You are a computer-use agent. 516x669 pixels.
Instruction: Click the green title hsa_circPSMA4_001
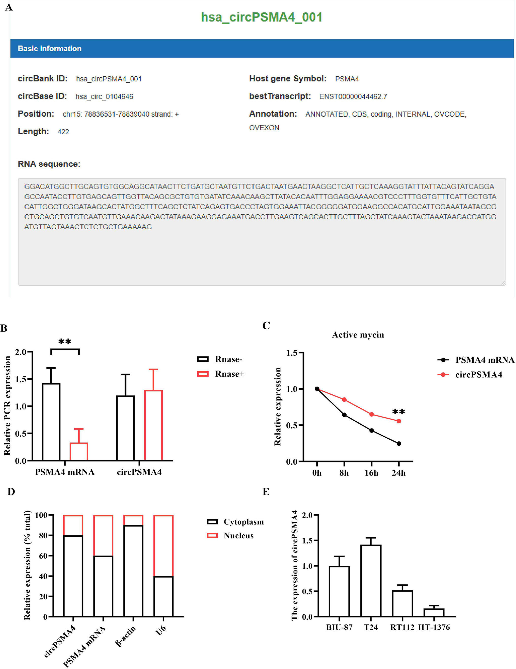tap(261, 17)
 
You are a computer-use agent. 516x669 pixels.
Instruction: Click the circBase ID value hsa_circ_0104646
tap(104, 97)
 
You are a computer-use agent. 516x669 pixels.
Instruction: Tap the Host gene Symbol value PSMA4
tap(347, 79)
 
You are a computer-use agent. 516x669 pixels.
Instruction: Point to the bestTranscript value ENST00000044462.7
tap(353, 97)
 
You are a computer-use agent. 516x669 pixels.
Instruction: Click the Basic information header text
tap(50, 49)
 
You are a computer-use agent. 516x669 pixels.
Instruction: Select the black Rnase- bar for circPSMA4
tap(125, 428)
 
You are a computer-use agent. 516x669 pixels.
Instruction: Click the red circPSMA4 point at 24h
tap(399, 421)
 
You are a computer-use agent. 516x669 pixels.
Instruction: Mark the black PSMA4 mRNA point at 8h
tap(344, 415)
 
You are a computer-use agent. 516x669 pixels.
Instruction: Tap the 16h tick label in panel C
tap(371, 473)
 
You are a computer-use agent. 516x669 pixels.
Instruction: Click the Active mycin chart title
tap(358, 335)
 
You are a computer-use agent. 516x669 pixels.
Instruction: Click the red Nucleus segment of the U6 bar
tap(164, 545)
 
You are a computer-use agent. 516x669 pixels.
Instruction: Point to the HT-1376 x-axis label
tap(434, 627)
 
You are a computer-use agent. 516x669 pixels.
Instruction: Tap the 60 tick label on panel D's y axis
tap(43, 556)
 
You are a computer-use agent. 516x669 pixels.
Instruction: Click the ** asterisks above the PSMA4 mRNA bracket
tap(64, 342)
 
